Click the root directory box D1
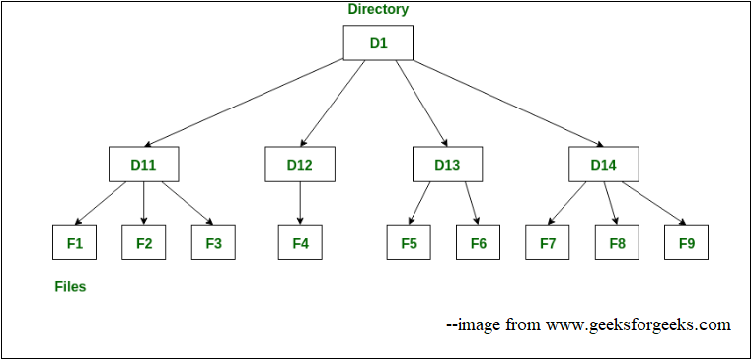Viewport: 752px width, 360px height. click(378, 42)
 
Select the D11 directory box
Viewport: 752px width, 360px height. click(143, 165)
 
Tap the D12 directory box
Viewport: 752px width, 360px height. click(300, 165)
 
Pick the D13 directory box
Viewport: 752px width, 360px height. click(447, 165)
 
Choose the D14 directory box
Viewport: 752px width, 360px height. click(603, 165)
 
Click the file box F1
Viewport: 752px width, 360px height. click(75, 243)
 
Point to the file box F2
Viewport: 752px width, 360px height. click(144, 243)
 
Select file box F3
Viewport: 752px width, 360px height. click(213, 243)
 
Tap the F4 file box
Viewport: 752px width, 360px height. click(300, 243)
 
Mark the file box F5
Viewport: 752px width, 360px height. click(409, 243)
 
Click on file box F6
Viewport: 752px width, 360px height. click(478, 243)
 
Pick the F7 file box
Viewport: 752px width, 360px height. click(548, 243)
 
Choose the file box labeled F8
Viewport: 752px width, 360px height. click(617, 243)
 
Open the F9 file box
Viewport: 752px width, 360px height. click(686, 243)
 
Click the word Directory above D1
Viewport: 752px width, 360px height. click(378, 9)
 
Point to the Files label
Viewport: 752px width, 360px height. click(70, 287)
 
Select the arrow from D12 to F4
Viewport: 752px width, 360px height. click(300, 203)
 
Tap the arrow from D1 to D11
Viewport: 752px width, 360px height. click(257, 103)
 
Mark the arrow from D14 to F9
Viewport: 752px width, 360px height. click(652, 203)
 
